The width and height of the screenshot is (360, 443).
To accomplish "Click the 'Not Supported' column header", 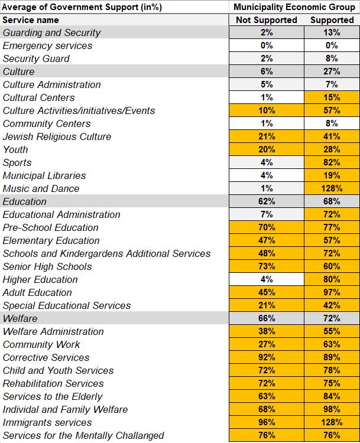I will coord(266,20).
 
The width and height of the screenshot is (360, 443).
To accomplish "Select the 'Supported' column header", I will coord(332,20).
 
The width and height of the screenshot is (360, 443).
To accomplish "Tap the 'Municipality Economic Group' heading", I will coord(294,7).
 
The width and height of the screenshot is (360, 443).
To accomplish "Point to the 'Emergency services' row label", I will coord(48,45).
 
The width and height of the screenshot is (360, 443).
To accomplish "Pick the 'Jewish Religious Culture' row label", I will coord(57,136).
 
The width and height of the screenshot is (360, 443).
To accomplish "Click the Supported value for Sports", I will coord(332,162).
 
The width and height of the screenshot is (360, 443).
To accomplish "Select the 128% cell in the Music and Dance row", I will coord(332,188).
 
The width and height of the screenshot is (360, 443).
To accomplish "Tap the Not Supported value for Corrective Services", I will coord(266,357).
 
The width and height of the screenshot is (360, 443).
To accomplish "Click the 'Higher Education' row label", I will coord(40,279).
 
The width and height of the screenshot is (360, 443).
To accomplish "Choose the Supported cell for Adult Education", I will coord(332,292).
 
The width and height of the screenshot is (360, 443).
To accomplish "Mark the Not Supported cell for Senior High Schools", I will coord(266,266).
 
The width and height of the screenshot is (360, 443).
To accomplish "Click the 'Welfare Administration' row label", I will coord(53,331).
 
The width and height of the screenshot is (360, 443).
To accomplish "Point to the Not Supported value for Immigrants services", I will coord(266,422).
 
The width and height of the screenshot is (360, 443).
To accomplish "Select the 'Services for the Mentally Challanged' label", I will coord(83,435).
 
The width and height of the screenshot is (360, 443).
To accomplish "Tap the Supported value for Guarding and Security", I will coord(332,32).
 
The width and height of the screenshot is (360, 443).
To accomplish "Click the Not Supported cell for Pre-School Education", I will coord(266,227).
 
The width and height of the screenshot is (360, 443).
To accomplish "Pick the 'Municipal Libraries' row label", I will coord(44,175).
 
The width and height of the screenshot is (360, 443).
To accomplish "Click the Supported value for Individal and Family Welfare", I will coord(332,409).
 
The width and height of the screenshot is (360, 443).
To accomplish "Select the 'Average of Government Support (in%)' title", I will coord(82,7).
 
